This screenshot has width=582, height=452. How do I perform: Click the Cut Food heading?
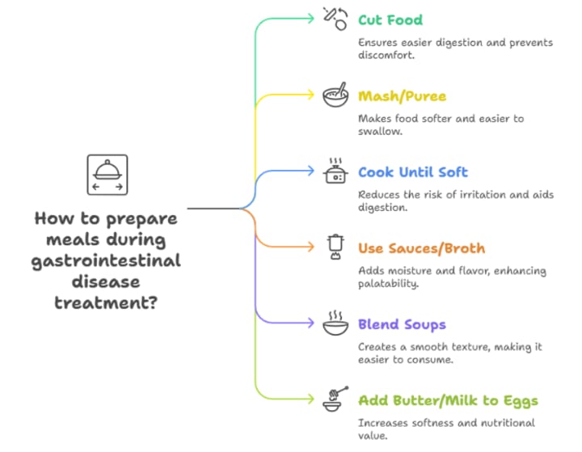tap(390, 19)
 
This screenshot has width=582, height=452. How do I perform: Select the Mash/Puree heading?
tap(402, 96)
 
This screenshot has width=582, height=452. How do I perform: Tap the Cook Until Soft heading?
tap(412, 172)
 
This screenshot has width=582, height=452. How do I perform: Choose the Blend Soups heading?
tap(402, 325)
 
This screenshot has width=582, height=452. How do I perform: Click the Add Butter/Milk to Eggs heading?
tap(448, 401)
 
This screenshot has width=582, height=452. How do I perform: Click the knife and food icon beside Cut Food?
tap(335, 18)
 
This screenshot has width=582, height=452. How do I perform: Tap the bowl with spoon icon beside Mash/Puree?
tap(335, 95)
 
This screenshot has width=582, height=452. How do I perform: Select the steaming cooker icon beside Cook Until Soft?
tap(335, 171)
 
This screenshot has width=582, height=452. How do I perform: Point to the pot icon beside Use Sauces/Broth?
tap(335, 247)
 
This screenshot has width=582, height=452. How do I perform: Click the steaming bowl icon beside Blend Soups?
tap(335, 324)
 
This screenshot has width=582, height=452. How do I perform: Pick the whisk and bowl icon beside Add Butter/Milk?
tap(335, 399)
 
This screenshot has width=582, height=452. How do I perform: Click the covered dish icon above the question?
tap(108, 175)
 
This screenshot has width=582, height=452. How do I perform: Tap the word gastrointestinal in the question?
tap(106, 260)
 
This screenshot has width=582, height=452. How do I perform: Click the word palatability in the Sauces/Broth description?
tap(390, 284)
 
